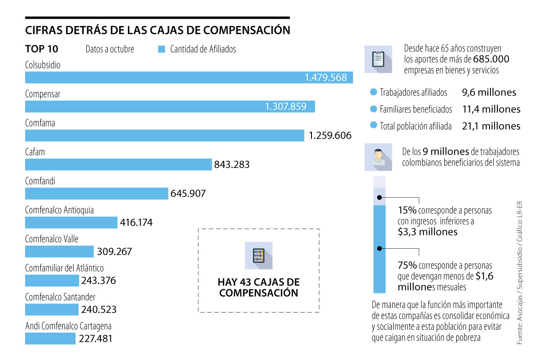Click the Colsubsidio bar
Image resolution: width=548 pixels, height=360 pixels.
tap(189, 78)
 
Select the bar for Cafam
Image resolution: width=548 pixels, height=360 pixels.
tap(118, 164)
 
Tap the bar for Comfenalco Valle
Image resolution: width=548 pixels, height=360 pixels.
tap(59, 251)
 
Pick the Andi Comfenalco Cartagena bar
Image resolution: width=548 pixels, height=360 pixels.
tap(50, 339)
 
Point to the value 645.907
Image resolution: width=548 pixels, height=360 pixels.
tap(188, 193)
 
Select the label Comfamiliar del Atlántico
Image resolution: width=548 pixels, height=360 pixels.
tap(64, 268)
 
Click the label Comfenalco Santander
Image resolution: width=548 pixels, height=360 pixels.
tap(61, 297)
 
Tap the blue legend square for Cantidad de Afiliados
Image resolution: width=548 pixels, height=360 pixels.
tap(161, 49)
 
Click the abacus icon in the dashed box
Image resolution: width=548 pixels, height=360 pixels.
tap(258, 255)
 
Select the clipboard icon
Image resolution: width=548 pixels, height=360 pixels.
tap(378, 59)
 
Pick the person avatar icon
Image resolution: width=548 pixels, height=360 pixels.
tap(378, 157)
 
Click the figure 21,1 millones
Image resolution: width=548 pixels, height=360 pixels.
tap(491, 126)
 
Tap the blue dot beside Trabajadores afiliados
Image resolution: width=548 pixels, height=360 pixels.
tap(373, 93)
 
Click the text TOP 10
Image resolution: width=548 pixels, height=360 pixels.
tap(42, 49)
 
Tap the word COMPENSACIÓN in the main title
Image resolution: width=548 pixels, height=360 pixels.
tap(246, 30)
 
